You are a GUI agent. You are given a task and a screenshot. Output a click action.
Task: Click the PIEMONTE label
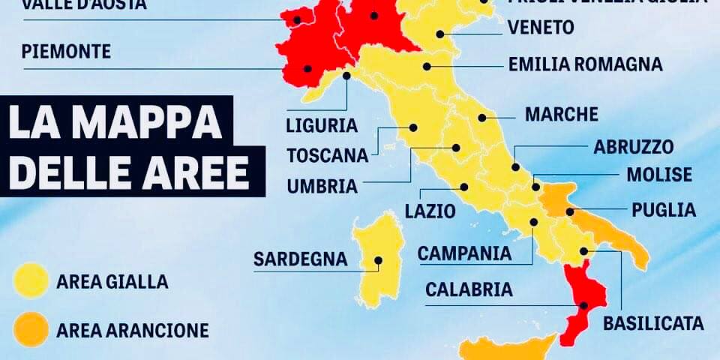(x=67, y=52)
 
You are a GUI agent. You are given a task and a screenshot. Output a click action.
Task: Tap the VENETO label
(x=541, y=28)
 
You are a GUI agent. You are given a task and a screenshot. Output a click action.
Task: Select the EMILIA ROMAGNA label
(x=585, y=64)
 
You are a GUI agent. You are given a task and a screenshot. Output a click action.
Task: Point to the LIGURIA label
(x=322, y=124)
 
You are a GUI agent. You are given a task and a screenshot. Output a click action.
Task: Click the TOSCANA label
(x=328, y=155)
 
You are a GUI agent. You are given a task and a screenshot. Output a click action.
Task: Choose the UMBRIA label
(x=323, y=184)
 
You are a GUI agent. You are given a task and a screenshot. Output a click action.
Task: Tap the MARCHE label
(x=561, y=114)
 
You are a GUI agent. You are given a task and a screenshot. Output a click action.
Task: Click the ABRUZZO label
(x=634, y=146)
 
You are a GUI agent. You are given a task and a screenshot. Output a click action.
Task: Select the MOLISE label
(x=659, y=175)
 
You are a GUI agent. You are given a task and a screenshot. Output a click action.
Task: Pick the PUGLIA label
(x=664, y=209)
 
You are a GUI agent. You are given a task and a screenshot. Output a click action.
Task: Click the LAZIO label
(x=430, y=211)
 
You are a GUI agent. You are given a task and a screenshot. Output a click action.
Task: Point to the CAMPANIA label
(x=464, y=253)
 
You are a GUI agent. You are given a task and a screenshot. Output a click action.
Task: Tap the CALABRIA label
(x=469, y=289)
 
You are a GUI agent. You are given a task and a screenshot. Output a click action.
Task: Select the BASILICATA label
(x=653, y=323)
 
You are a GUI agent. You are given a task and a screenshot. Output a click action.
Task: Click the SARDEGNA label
(x=300, y=259)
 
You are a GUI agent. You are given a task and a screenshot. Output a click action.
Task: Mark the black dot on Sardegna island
(x=379, y=261)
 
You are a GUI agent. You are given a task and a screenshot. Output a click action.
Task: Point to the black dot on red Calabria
(x=584, y=304)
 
